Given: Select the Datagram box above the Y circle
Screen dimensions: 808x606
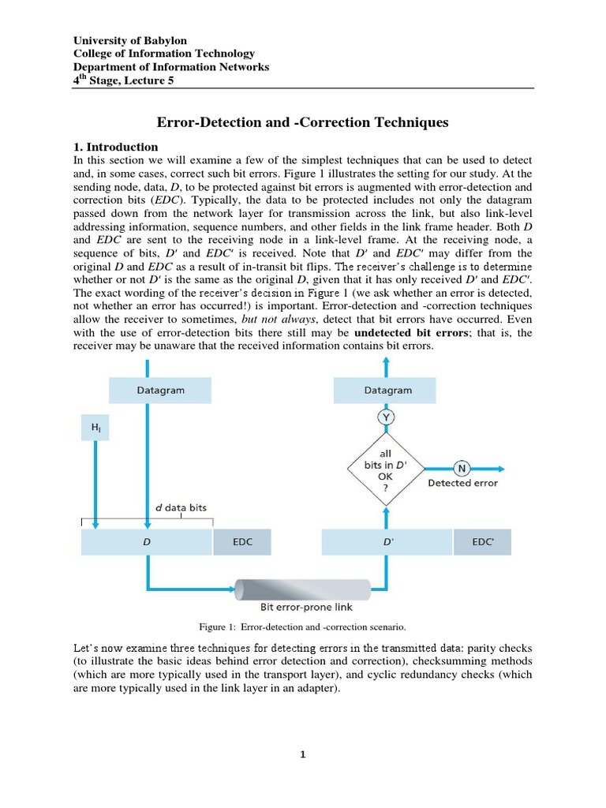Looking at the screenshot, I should point(385,391).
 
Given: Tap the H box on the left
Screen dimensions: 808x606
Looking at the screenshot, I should point(95,428).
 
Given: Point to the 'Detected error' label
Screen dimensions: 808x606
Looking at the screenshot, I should point(462,483).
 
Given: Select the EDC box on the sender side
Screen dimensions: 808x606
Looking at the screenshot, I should point(242,543).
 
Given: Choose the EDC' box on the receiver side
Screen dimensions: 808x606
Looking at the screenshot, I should point(482,543).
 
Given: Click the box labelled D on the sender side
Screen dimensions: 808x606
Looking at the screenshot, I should point(147,543).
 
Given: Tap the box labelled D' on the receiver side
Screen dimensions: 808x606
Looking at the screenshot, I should point(387,543).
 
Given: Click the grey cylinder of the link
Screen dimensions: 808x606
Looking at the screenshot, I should point(303,589).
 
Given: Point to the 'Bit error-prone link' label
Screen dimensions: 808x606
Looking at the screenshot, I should point(306,608).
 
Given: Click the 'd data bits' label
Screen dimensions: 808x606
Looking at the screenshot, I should point(180,507).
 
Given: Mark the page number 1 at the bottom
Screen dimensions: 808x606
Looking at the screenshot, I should point(302,754).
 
